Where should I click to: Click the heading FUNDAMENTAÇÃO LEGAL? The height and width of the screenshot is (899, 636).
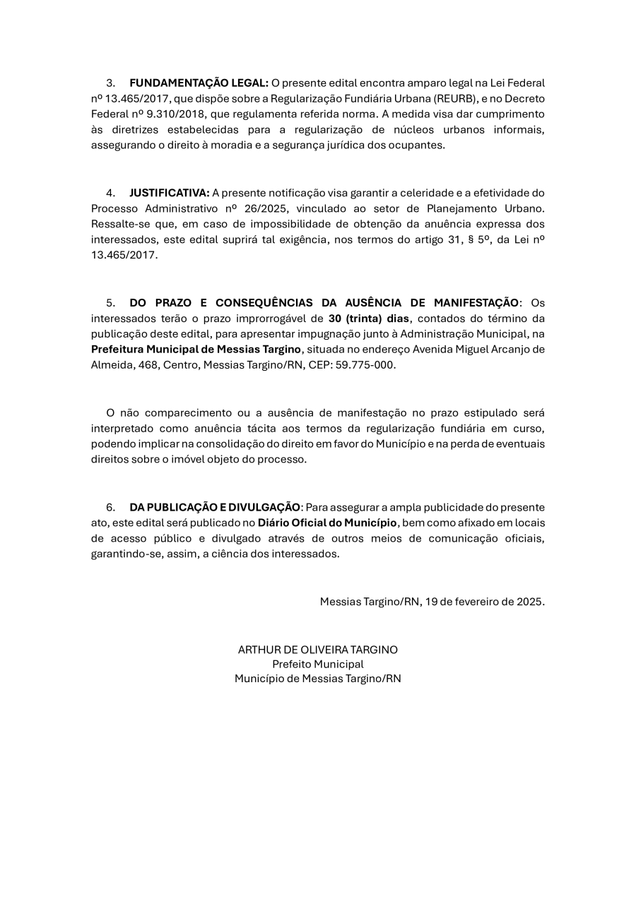(x=199, y=83)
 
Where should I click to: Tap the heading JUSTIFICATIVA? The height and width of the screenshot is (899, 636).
(x=169, y=193)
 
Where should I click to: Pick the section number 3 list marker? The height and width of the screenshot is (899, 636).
(x=110, y=83)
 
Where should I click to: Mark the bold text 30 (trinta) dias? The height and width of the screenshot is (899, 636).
(x=369, y=318)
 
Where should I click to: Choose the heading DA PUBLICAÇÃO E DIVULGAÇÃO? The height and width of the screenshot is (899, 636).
(x=215, y=507)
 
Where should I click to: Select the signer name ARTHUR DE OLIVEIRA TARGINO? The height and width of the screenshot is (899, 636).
(x=317, y=650)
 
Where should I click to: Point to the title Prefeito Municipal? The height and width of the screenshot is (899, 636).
(x=318, y=664)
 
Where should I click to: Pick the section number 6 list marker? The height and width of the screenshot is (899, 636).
(x=110, y=507)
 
